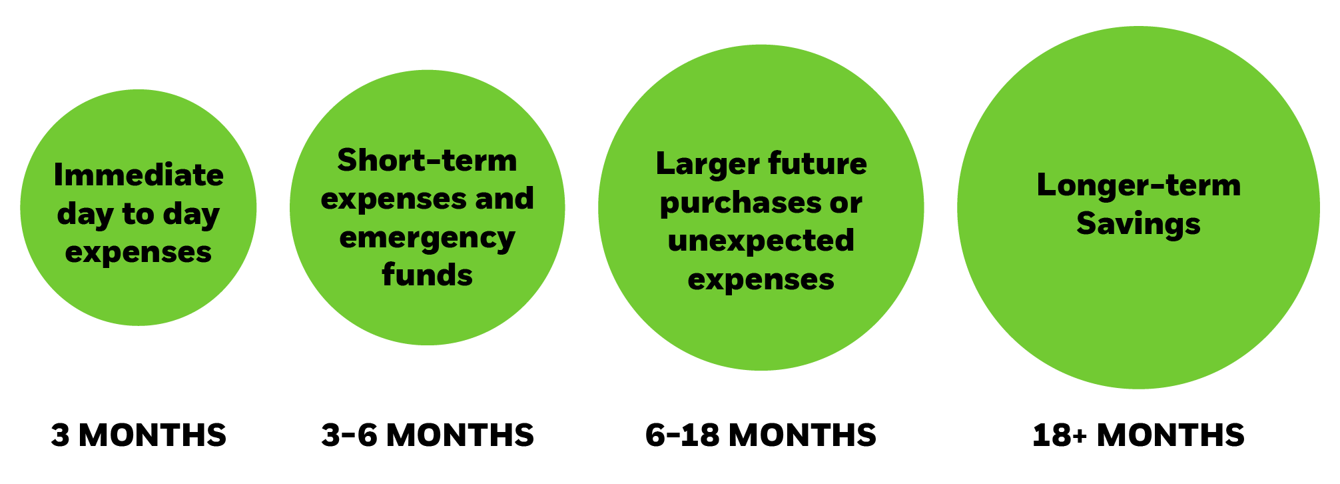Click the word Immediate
[x=139, y=175]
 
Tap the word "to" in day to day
[x=138, y=214]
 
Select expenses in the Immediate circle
[x=139, y=253]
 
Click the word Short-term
[x=427, y=161]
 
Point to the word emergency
[x=427, y=238]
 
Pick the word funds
[x=427, y=275]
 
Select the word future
[x=817, y=164]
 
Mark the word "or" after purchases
[x=846, y=203]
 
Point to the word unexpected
[x=761, y=241]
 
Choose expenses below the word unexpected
[x=761, y=279]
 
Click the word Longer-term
[x=1138, y=185]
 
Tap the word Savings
[x=1138, y=223]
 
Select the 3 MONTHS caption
[x=139, y=435]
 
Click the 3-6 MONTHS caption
[x=427, y=435]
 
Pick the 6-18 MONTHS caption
[x=761, y=435]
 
